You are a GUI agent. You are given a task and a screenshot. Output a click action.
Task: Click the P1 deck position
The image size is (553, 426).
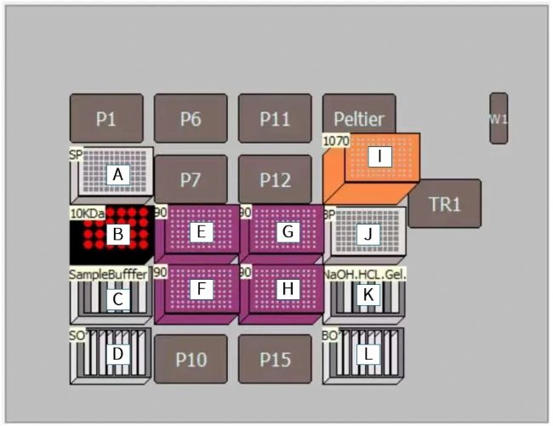click(x=105, y=119)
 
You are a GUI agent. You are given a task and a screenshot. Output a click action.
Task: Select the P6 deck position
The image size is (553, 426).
click(x=191, y=119)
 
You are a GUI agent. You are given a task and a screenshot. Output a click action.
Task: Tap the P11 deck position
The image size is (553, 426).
click(x=275, y=119)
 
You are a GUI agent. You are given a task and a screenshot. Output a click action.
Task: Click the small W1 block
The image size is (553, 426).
click(x=499, y=118)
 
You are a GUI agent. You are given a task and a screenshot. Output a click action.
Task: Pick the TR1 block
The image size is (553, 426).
click(x=444, y=203)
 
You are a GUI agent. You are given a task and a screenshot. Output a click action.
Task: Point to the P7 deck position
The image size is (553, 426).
click(x=191, y=179)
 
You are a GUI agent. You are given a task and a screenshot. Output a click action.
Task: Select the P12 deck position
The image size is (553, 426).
click(x=275, y=179)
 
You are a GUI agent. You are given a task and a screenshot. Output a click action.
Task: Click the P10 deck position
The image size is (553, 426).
click(x=191, y=359)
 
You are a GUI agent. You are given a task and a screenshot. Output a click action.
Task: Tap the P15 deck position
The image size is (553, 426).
click(x=275, y=359)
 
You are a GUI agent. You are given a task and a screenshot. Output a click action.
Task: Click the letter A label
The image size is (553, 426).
click(x=118, y=174)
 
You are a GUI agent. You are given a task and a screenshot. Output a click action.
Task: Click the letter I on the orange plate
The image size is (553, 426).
click(x=379, y=156)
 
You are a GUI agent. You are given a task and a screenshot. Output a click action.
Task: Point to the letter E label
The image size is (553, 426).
click(x=201, y=231)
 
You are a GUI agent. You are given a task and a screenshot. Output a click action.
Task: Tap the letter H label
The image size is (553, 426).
click(x=288, y=289)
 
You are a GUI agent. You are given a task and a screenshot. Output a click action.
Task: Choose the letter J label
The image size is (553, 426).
click(x=368, y=234)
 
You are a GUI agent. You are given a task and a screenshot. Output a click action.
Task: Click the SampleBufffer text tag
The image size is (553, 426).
click(x=108, y=275)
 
